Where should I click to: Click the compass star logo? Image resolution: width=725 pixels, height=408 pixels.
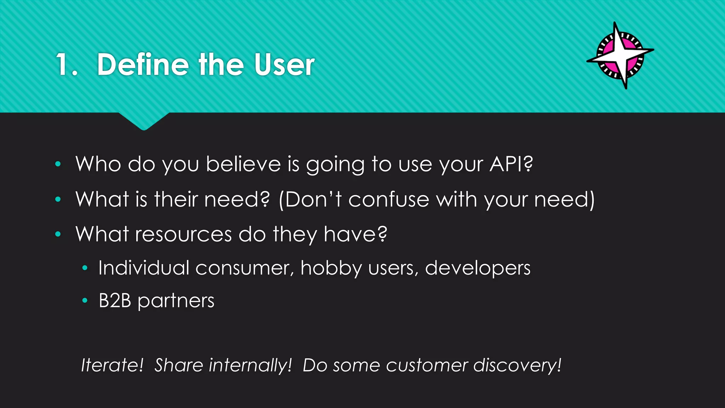[x=621, y=55]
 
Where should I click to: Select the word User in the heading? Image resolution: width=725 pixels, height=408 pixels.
[x=284, y=64]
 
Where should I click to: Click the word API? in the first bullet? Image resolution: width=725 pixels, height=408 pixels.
[x=511, y=164]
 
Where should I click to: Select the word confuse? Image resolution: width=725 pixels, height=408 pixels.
[x=389, y=199]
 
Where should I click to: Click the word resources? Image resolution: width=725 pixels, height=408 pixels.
[x=183, y=234]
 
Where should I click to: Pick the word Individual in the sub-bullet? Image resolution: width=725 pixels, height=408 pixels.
[x=144, y=268]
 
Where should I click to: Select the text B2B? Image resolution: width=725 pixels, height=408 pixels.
[x=115, y=301]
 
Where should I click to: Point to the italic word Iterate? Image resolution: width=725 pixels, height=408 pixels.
[x=112, y=365]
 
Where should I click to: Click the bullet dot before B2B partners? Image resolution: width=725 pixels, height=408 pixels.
[x=85, y=301]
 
